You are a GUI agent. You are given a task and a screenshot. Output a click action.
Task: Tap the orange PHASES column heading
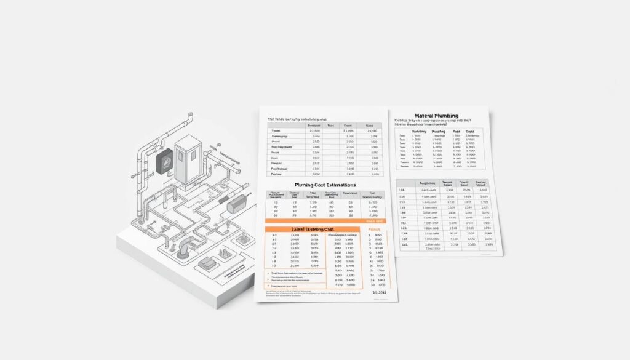click(x=375, y=230)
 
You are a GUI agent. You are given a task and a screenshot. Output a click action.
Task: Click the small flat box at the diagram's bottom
click(x=207, y=263)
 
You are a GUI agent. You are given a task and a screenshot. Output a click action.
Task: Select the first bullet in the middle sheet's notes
click(x=269, y=272)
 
